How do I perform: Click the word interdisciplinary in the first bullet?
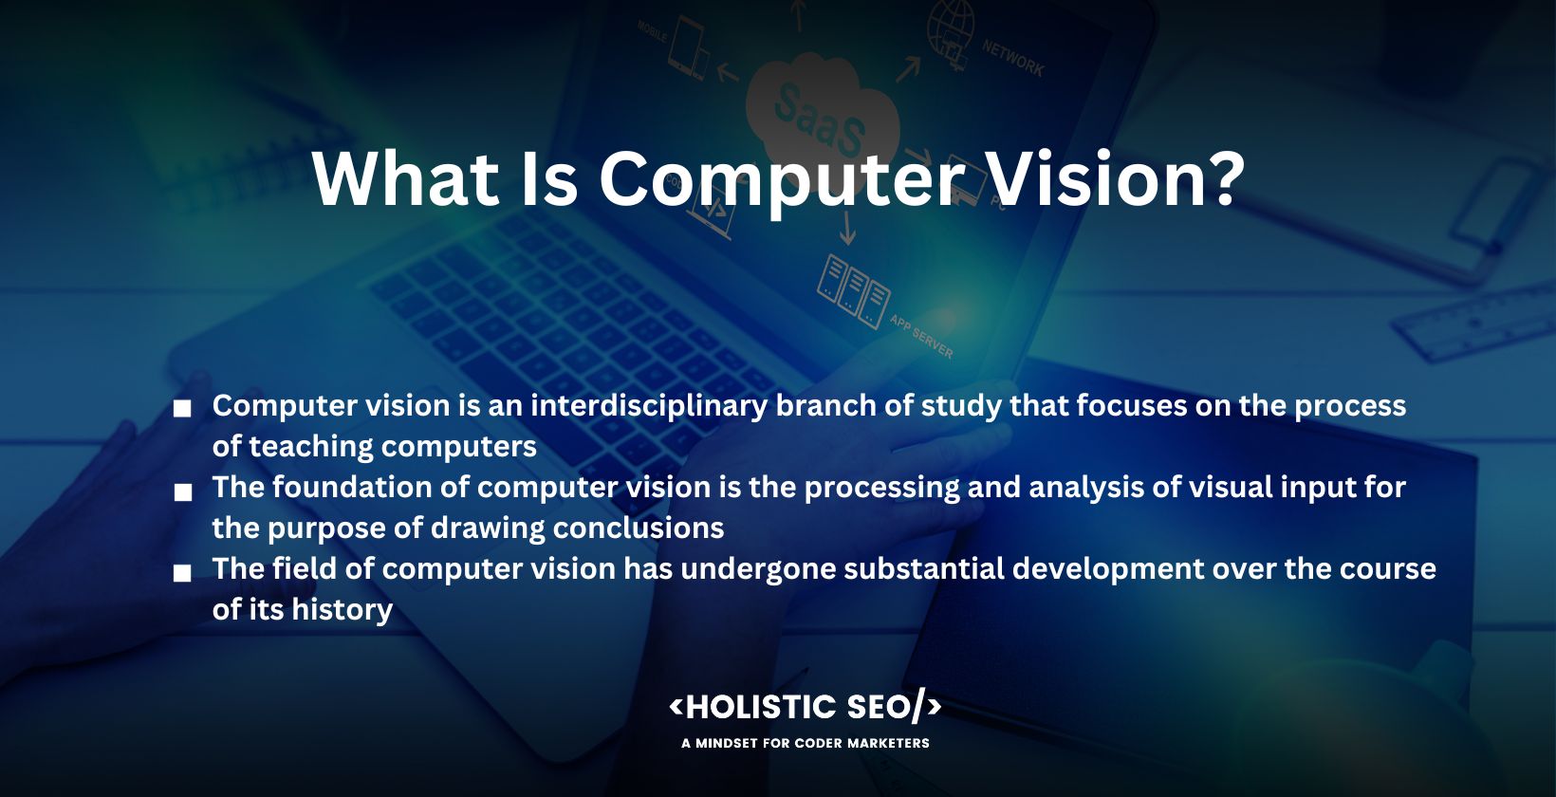pos(649,406)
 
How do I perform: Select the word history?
pos(342,610)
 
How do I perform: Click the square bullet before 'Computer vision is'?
pos(182,409)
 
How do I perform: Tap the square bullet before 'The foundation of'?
pos(183,492)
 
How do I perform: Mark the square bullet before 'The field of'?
pos(182,573)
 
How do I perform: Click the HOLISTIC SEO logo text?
pos(806,707)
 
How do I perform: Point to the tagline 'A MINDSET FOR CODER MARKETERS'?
pos(806,744)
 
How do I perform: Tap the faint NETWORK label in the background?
pos(1012,58)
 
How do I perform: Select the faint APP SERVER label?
pos(921,337)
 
